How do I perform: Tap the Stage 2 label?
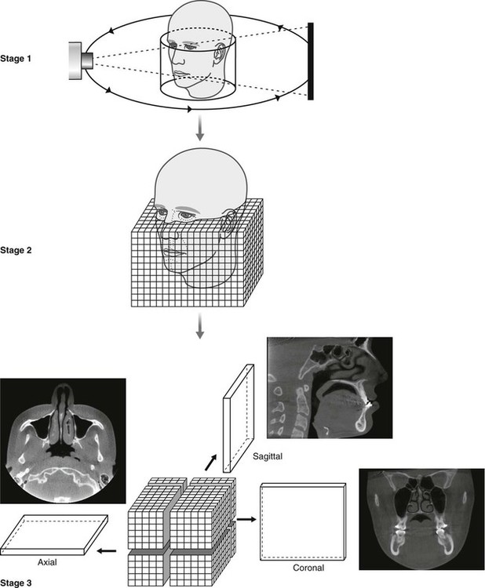tap(25, 252)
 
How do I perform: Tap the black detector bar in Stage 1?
tap(312, 61)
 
